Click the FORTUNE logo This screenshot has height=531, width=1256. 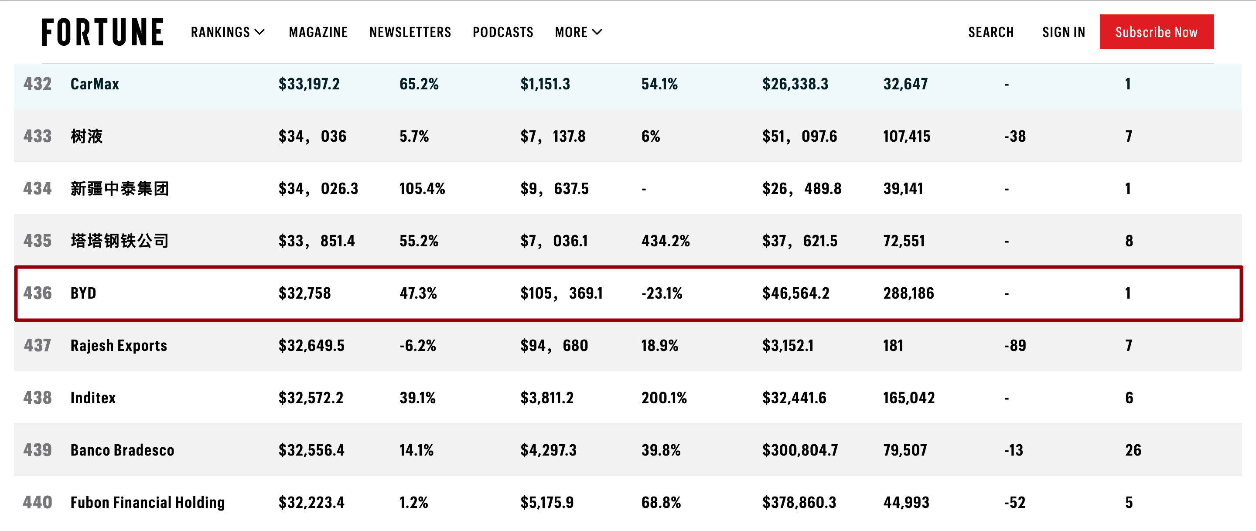tap(102, 32)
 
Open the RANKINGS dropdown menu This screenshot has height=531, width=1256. tap(228, 32)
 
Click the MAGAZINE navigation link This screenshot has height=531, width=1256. tap(318, 32)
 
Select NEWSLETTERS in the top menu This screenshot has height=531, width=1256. tap(410, 32)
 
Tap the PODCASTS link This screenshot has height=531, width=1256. tap(503, 32)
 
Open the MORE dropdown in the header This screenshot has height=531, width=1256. tap(578, 32)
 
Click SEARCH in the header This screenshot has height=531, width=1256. tap(991, 32)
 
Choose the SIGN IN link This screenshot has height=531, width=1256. tap(1063, 32)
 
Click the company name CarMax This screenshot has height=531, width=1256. tap(95, 84)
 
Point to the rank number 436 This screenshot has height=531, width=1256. tap(38, 293)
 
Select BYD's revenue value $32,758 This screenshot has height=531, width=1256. tap(305, 293)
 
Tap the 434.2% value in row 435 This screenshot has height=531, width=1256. tap(665, 241)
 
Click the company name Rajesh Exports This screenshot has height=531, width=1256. tap(119, 346)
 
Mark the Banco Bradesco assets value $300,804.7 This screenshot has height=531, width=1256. tap(800, 450)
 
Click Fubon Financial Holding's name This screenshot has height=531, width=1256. tap(147, 502)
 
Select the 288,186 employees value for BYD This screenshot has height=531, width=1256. tap(908, 293)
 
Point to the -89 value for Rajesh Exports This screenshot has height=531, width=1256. tap(1015, 346)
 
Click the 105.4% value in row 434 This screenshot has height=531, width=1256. tap(422, 189)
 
